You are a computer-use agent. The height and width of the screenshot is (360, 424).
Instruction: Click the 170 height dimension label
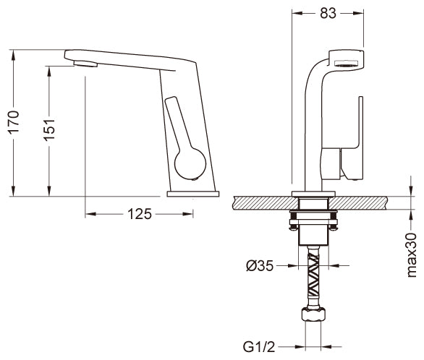point(14,123)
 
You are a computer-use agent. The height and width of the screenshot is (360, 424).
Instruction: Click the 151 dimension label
point(49,130)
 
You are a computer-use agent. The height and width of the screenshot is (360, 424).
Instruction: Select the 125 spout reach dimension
point(140,215)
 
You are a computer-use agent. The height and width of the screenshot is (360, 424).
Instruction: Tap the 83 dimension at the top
point(328,13)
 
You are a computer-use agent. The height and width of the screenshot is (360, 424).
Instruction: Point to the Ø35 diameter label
point(260,266)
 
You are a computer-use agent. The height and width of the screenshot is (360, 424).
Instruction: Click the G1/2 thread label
point(259,347)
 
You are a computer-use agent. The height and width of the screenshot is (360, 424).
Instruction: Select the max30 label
point(412,255)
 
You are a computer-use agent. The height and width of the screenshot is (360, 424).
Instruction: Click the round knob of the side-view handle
point(190,163)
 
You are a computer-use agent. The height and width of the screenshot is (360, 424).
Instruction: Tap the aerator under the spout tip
point(85,64)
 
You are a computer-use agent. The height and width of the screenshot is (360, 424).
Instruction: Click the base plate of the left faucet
point(193,194)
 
